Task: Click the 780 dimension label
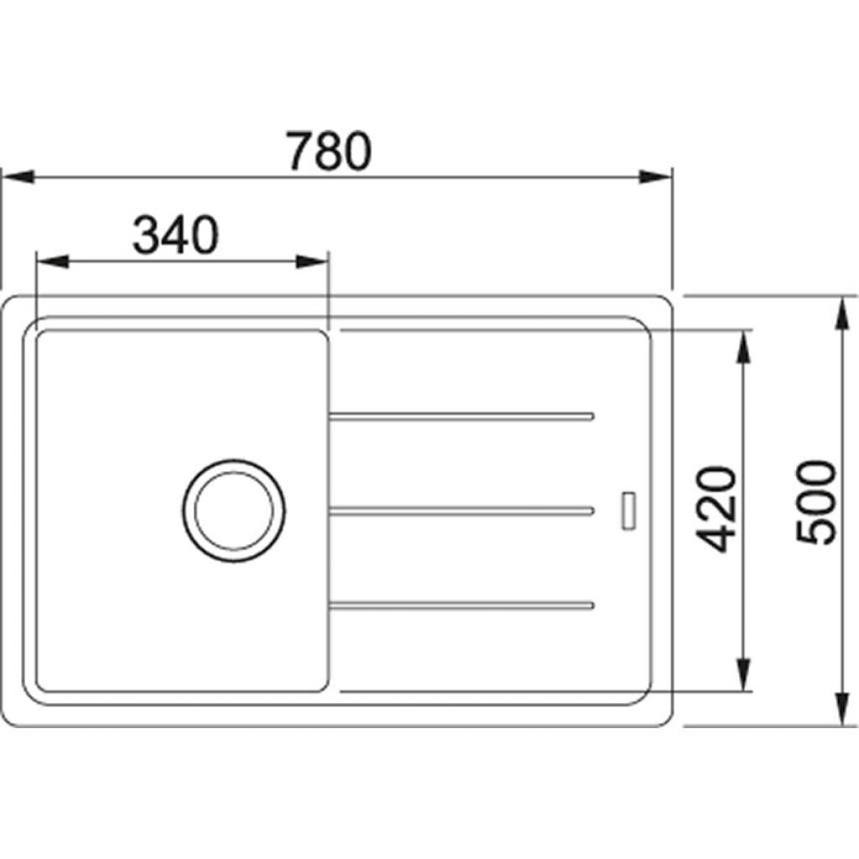coord(328,151)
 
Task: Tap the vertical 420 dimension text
coord(718,509)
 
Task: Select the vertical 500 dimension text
coord(816,502)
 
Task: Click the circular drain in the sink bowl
coord(233,510)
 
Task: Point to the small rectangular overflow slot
coord(627,509)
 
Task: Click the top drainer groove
coord(461,415)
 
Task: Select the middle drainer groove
coord(461,510)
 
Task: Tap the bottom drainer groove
coord(461,605)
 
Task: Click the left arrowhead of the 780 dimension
coord(17,177)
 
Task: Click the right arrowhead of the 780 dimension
coord(655,177)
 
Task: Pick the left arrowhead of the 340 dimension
coord(51,261)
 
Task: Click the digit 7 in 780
coord(299,152)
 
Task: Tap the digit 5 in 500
coord(816,531)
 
